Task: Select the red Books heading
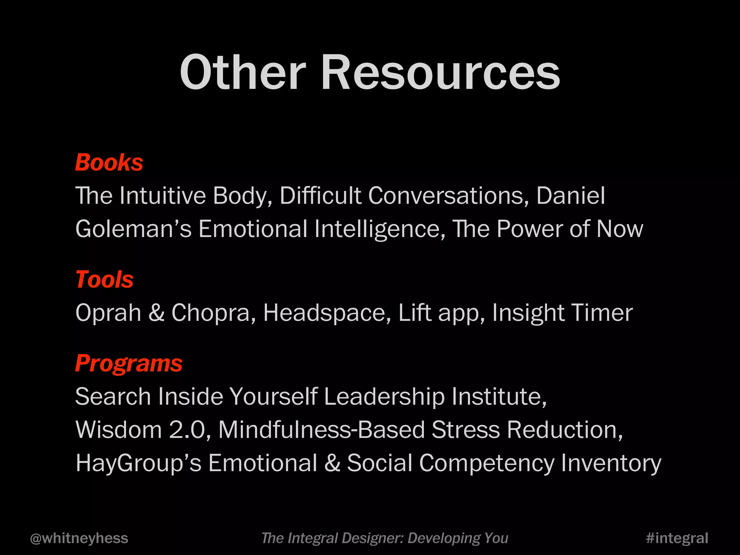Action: coord(109,162)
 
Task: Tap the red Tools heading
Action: coord(104,279)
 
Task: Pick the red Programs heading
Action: coord(129,363)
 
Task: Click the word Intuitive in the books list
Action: coord(162,195)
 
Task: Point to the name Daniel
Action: coord(571,195)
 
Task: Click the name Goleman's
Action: coord(133,229)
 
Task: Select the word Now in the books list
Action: coord(620,229)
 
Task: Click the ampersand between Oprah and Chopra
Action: coord(156,313)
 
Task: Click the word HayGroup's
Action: coord(138,463)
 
